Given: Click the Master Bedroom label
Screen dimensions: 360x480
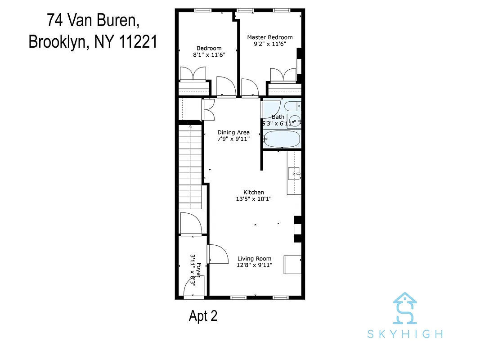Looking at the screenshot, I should point(270,37).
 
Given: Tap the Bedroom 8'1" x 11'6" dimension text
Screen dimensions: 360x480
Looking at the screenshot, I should point(209,54).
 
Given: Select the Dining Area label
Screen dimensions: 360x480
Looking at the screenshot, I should point(233,132).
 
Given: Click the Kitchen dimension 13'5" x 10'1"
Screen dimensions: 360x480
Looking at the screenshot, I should point(254,198).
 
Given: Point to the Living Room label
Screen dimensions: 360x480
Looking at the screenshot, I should point(254,258).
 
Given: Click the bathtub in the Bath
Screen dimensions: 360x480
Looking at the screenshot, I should point(282,139).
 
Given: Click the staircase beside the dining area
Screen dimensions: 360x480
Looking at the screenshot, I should point(189,166).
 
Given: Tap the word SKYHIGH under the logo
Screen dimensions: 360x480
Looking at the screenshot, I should point(405,334).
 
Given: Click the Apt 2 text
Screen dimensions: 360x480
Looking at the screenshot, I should point(203,316).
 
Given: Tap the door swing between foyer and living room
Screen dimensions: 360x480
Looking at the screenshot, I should point(216,255).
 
